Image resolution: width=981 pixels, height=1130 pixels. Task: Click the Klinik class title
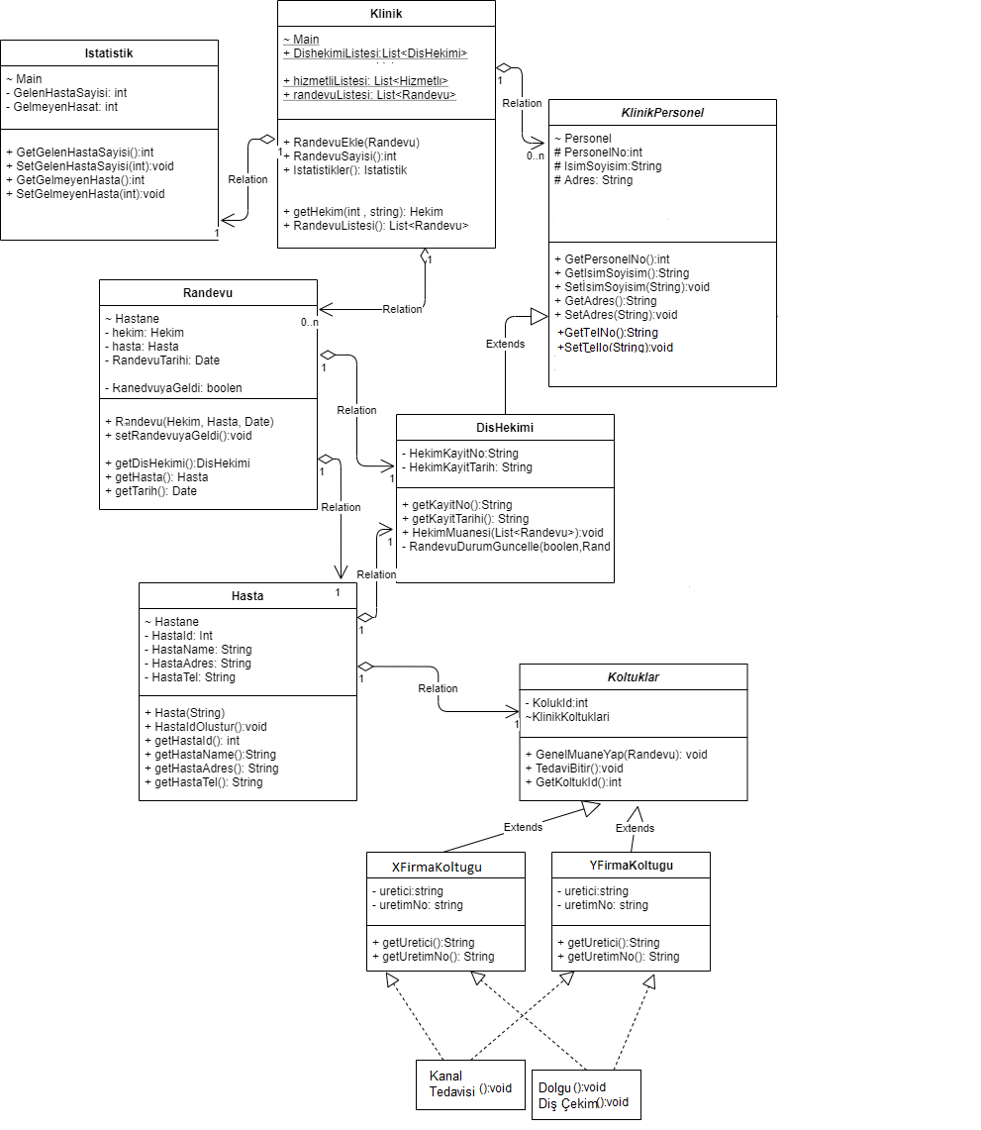386,14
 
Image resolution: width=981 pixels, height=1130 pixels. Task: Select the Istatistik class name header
109,53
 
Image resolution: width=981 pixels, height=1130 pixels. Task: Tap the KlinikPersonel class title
663,113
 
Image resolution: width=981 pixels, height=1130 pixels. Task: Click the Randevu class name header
208,293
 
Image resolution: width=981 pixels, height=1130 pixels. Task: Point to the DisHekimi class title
505,428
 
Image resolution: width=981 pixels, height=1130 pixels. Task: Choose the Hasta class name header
247,596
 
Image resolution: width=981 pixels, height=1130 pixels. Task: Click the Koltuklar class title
634,677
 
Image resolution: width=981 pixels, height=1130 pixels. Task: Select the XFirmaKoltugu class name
438,867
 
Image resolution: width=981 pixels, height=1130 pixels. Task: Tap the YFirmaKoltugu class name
631,865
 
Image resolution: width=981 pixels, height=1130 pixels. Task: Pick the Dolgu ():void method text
572,1087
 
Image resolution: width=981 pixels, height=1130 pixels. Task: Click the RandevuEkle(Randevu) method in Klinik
351,143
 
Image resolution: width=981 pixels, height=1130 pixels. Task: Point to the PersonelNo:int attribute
598,153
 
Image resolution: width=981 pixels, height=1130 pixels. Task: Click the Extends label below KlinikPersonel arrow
505,344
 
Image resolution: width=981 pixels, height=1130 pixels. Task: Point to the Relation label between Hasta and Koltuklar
438,688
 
